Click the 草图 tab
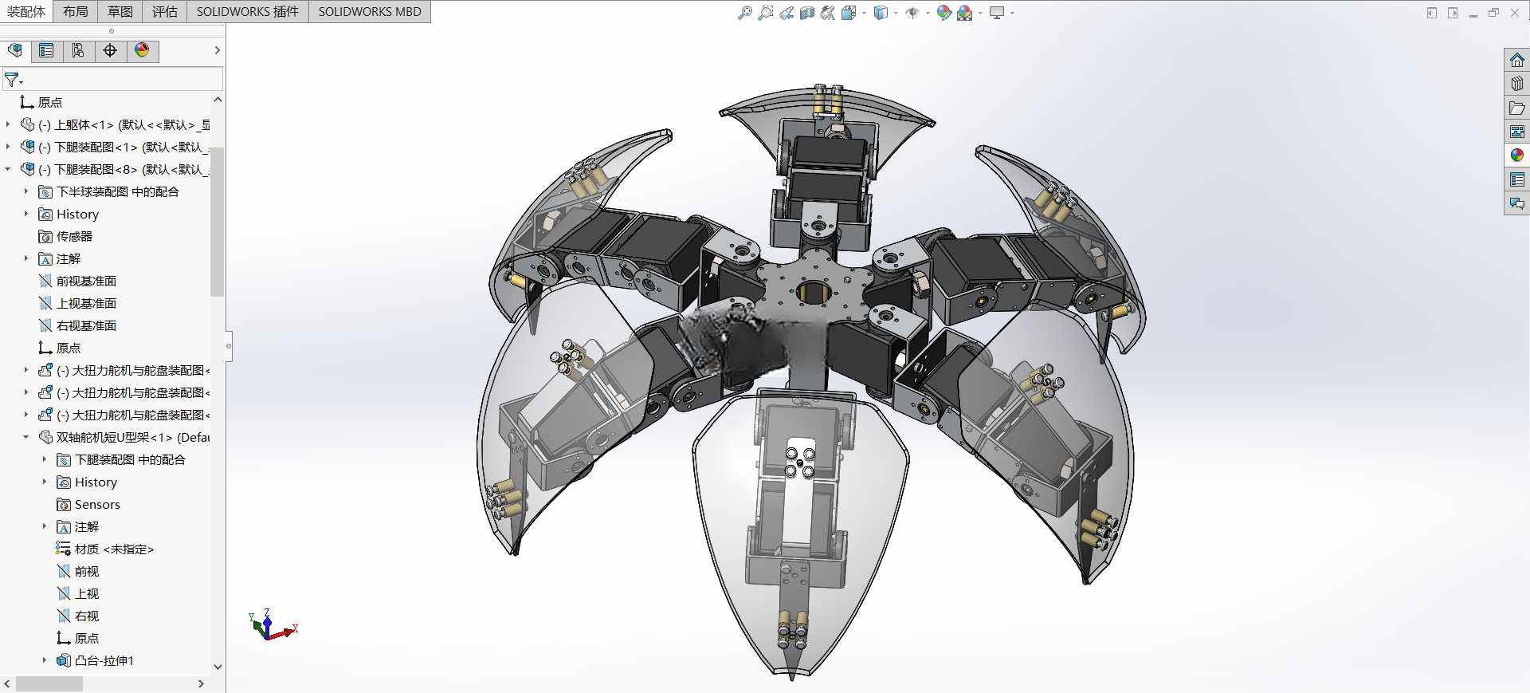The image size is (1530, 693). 120,11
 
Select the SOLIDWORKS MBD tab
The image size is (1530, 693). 370,11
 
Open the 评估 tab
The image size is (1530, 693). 165,11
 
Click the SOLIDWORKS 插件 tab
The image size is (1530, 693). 248,11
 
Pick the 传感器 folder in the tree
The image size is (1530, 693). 74,236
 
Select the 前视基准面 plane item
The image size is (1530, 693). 86,281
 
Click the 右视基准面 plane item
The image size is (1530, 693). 86,325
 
